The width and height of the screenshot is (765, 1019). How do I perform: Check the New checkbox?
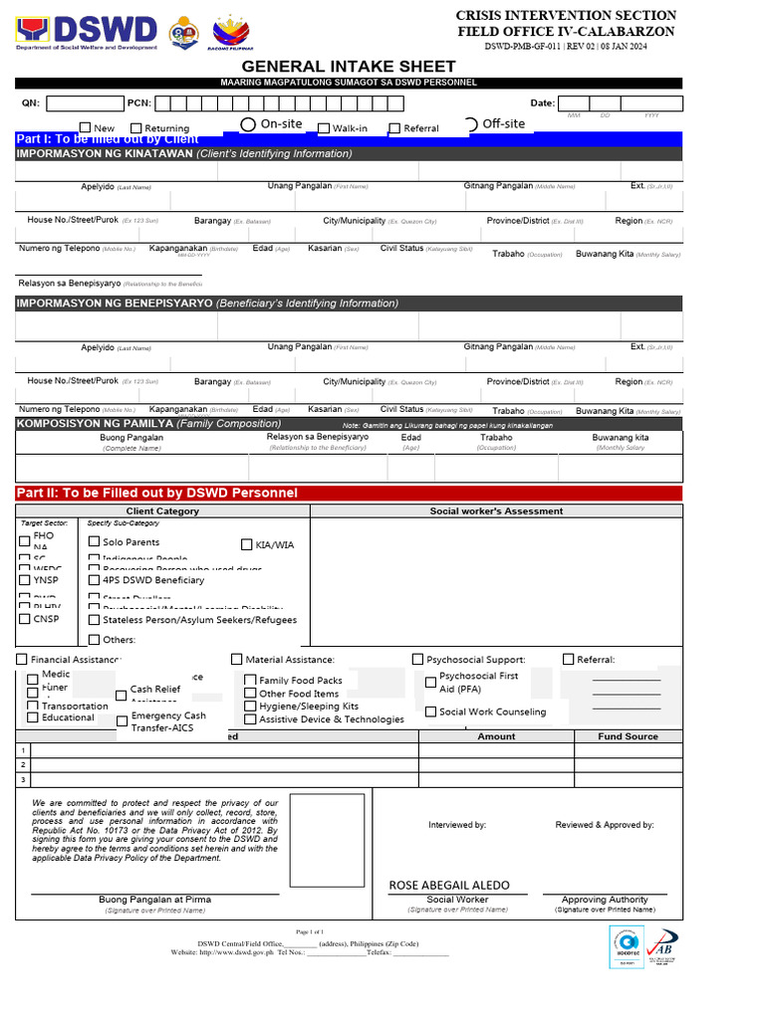[85, 127]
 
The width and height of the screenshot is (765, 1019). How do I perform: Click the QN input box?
[85, 103]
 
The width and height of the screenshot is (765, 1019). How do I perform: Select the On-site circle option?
[248, 124]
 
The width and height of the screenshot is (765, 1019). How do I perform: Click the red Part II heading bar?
[349, 493]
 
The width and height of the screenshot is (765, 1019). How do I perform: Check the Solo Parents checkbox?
[95, 541]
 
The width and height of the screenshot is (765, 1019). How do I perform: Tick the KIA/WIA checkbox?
[247, 544]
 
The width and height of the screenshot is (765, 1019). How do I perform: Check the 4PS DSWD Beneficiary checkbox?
[95, 579]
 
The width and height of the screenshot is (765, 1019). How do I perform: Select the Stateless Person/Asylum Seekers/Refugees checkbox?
[95, 619]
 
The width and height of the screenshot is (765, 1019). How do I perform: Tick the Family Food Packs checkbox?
[250, 681]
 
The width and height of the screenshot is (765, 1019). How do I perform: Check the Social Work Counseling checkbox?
[430, 712]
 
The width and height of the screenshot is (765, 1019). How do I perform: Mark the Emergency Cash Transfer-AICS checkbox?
[123, 720]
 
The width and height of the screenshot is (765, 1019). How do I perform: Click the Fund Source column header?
[628, 736]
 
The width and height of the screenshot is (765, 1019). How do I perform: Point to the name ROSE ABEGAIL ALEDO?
[448, 885]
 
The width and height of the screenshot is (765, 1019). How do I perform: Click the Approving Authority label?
[604, 899]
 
